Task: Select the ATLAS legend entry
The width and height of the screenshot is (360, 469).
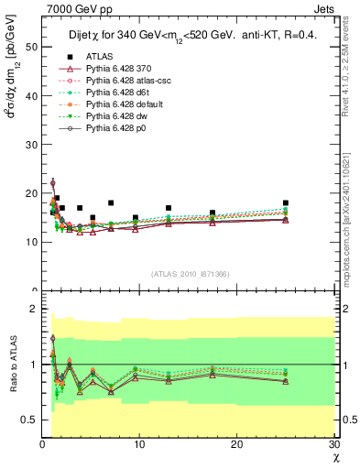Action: [100, 58]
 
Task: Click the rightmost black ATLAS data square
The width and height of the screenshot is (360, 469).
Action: [286, 202]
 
